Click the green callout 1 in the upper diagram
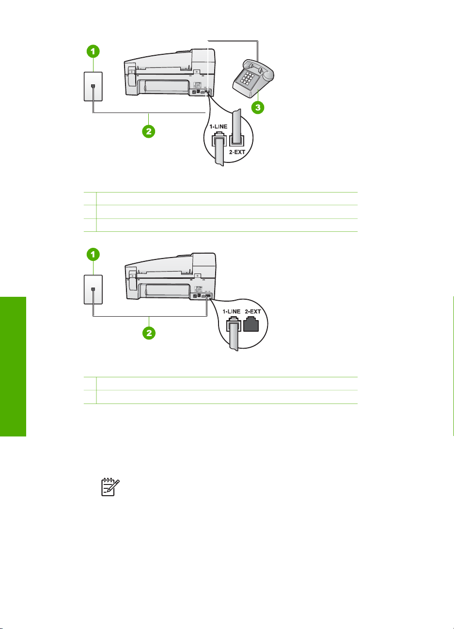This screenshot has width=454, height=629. point(93,51)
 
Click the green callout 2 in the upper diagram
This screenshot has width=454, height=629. point(149,131)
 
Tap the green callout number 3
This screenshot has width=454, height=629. point(258,107)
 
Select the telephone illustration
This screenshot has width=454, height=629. point(253,79)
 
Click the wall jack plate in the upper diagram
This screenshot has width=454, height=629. point(93,86)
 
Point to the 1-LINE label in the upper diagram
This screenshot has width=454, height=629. point(219,127)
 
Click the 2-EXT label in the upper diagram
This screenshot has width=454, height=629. point(237,152)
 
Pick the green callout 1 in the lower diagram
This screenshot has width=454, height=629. point(93,255)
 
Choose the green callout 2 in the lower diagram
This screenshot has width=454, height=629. point(149,333)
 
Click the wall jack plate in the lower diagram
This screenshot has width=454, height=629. point(93,290)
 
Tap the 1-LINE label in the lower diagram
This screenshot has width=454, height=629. point(232,311)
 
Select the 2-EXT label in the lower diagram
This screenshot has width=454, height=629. point(253,311)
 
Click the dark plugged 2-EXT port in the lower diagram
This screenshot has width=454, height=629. point(251,324)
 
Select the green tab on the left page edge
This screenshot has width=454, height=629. point(13,367)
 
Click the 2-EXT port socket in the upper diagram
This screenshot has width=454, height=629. point(236,140)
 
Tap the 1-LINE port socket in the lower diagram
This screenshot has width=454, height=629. point(234,324)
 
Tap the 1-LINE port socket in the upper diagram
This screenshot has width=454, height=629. point(219,139)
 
